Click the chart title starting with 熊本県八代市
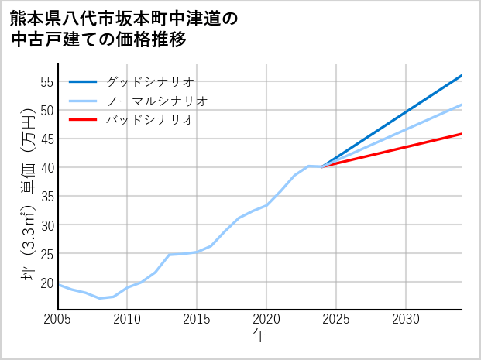click(x=124, y=29)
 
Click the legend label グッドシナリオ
click(x=149, y=81)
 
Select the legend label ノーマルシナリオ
click(x=156, y=101)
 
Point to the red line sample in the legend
click(x=83, y=120)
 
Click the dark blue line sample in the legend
click(x=83, y=81)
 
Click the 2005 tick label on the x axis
click(x=58, y=319)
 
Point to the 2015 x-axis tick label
click(x=197, y=319)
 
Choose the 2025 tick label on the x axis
click(x=336, y=319)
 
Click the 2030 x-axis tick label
click(x=406, y=319)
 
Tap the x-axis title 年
click(x=260, y=336)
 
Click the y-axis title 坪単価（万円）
click(x=28, y=197)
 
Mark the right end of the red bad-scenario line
click(x=462, y=134)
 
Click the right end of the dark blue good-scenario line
click(x=462, y=76)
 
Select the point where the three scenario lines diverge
click(x=322, y=166)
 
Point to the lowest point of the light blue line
click(x=100, y=298)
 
